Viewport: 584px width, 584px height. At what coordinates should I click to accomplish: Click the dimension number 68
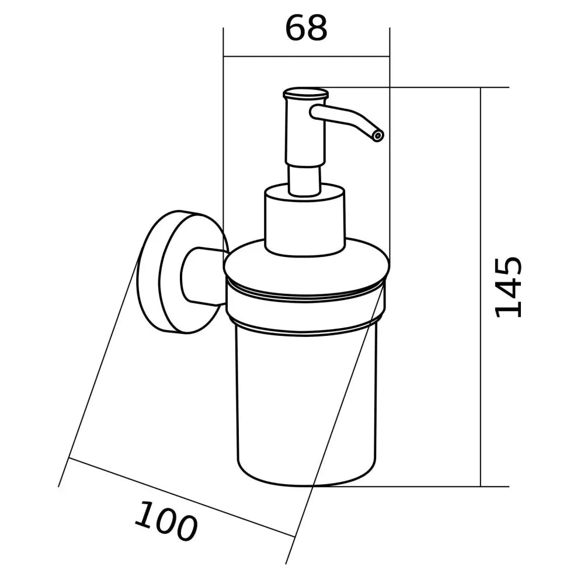306,28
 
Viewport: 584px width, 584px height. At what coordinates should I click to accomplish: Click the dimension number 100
165,521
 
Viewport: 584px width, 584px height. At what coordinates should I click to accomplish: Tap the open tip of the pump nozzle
377,136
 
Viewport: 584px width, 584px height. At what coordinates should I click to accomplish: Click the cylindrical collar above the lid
305,219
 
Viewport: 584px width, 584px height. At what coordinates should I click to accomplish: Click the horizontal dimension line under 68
307,57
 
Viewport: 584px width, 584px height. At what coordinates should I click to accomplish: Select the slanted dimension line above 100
181,499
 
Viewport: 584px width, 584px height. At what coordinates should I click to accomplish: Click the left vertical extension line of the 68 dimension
224,146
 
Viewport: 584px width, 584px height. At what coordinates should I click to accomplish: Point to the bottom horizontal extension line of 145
409,486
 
